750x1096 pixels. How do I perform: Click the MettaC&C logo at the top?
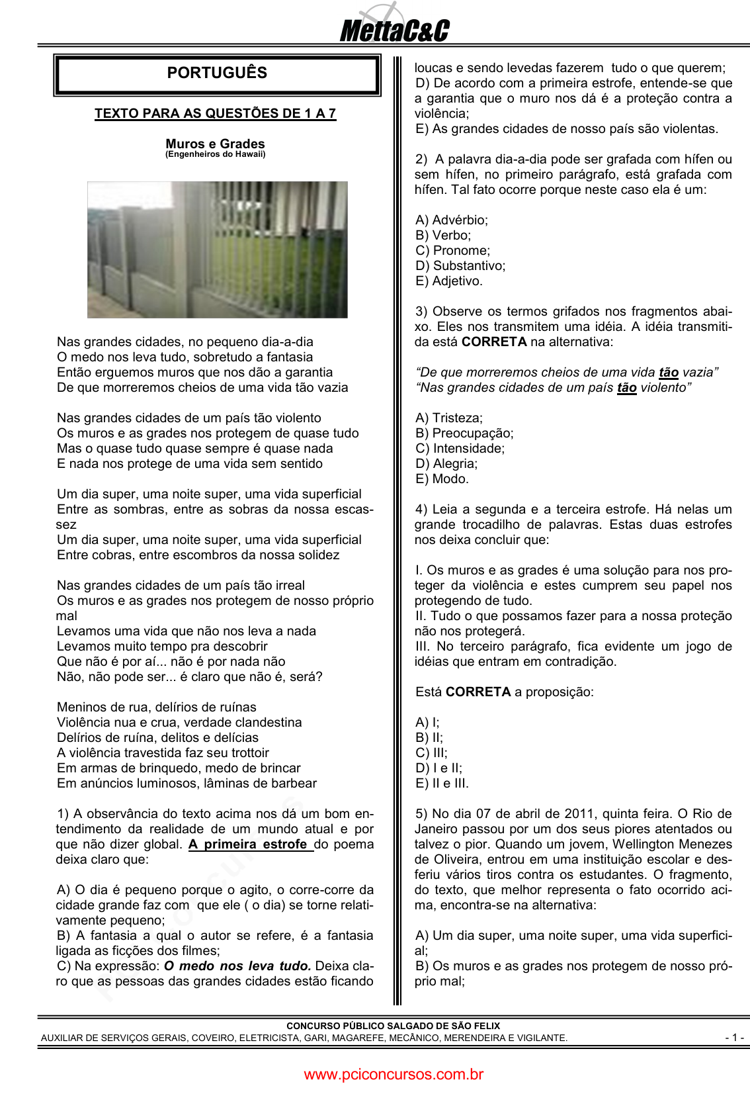pyautogui.click(x=394, y=30)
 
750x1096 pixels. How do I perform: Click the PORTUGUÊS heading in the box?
pyautogui.click(x=217, y=73)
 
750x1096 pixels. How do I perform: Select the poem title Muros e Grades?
pyautogui.click(x=215, y=144)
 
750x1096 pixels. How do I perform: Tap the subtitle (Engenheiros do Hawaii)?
pyautogui.click(x=215, y=154)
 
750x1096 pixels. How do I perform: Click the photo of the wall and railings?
pyautogui.click(x=217, y=250)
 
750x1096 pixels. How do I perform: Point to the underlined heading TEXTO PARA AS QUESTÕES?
pyautogui.click(x=215, y=113)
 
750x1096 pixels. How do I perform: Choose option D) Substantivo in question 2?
pyautogui.click(x=460, y=265)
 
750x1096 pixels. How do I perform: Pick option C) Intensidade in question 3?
pyautogui.click(x=460, y=448)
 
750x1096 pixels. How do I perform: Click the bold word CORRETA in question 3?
pyautogui.click(x=493, y=342)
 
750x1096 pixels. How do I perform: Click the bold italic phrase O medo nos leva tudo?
pyautogui.click(x=237, y=966)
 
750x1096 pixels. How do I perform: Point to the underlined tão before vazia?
pyautogui.click(x=668, y=372)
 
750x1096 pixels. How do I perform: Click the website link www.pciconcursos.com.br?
pyautogui.click(x=394, y=1074)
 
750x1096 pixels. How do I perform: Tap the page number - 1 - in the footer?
pyautogui.click(x=734, y=1037)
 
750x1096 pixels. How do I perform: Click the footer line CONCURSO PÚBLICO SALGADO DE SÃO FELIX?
pyautogui.click(x=393, y=1026)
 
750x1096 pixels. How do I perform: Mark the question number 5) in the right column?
pyautogui.click(x=421, y=813)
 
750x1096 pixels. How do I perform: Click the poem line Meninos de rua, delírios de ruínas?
pyautogui.click(x=157, y=707)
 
